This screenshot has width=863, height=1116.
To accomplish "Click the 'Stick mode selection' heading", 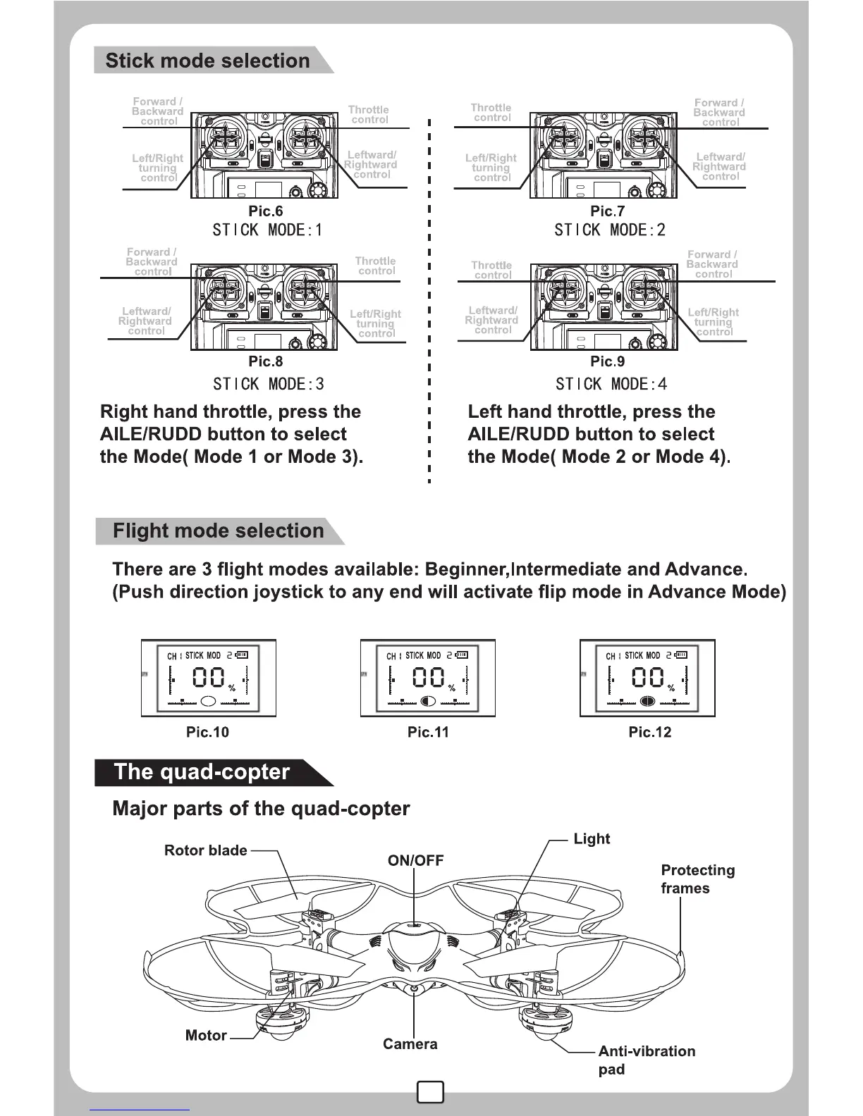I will (x=207, y=61).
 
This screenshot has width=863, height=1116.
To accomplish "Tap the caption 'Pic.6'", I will (x=265, y=211).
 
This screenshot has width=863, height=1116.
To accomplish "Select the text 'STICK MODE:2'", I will (x=609, y=230).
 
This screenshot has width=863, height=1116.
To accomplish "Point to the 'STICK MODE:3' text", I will (x=268, y=384).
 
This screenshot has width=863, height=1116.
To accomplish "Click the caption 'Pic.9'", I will (x=607, y=361).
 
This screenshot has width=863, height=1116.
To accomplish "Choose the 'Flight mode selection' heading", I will (x=218, y=531).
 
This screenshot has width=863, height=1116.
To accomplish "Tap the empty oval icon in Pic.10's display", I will (x=209, y=700).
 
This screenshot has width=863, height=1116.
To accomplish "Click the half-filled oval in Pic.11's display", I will (x=428, y=700).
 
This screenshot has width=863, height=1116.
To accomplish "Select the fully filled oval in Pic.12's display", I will (x=647, y=700).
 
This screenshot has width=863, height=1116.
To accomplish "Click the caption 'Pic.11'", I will (x=427, y=732).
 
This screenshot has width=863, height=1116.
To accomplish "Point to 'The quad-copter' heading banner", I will (x=202, y=772).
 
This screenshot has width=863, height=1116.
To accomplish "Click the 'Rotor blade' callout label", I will (x=205, y=850).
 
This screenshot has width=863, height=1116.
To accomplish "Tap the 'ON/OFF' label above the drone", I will (x=415, y=860).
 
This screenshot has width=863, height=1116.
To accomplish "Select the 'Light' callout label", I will (x=591, y=838).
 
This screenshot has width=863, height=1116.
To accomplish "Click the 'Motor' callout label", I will (x=206, y=1035).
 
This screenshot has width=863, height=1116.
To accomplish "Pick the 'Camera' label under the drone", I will (x=410, y=1044).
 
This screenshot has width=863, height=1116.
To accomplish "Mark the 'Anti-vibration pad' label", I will (x=646, y=1060).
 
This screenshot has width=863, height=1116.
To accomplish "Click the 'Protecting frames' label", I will (x=697, y=879).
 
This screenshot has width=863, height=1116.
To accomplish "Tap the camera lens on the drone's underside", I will (x=414, y=988).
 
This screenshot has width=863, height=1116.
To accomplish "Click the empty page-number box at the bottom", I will (x=430, y=1091).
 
